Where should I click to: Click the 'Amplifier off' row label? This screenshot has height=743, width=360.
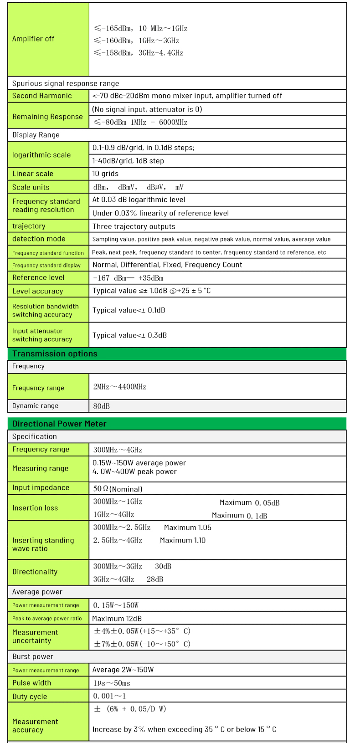click(x=33, y=39)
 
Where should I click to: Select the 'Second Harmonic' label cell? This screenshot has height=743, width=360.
click(x=42, y=96)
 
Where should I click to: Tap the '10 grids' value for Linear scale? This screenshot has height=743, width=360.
click(x=105, y=174)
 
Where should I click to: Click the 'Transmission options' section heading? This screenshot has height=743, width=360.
click(x=55, y=354)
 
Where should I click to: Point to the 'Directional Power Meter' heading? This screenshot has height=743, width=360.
click(x=59, y=424)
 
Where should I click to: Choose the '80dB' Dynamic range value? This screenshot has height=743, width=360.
click(x=102, y=406)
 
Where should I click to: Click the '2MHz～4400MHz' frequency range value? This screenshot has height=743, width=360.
click(x=120, y=387)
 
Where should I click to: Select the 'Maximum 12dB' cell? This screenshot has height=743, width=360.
click(x=117, y=619)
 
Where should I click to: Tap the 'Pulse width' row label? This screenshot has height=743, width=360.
click(x=31, y=683)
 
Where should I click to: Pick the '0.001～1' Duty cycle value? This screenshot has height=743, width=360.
click(x=109, y=696)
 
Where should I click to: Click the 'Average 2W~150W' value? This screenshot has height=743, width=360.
click(x=123, y=670)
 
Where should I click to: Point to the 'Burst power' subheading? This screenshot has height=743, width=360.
click(x=33, y=656)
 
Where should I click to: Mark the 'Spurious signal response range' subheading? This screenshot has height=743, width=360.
click(x=66, y=83)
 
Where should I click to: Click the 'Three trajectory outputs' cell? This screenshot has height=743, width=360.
click(x=134, y=226)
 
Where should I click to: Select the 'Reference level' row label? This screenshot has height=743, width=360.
click(x=38, y=277)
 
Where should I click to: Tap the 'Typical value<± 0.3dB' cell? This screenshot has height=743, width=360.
click(x=129, y=335)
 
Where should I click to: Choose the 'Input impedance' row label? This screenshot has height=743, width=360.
click(x=41, y=487)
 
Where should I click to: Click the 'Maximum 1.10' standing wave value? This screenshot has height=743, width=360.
click(x=182, y=540)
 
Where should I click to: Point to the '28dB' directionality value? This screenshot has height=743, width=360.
click(x=155, y=579)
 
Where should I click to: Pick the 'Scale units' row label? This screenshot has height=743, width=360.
click(x=31, y=187)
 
